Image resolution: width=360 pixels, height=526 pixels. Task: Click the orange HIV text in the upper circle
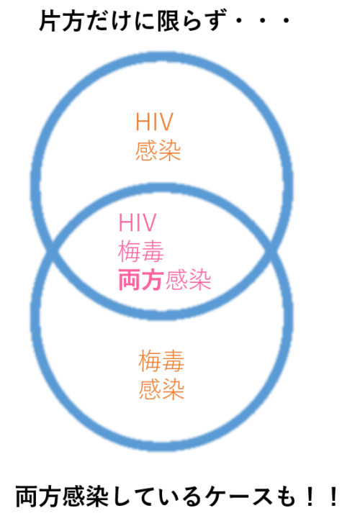[x=154, y=122]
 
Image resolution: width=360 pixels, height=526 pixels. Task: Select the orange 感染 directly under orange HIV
[x=158, y=151]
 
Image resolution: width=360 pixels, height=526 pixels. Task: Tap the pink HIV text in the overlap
[x=138, y=222]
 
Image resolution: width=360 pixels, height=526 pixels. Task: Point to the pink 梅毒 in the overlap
[x=141, y=252]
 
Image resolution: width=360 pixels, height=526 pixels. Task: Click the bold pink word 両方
[x=141, y=281]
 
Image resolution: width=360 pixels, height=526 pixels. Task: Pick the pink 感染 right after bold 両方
[x=188, y=281]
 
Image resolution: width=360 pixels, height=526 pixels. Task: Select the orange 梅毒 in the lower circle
[x=161, y=361]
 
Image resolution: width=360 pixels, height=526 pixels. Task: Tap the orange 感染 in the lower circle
[x=161, y=389]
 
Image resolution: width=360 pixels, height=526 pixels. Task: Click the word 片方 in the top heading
[x=61, y=21]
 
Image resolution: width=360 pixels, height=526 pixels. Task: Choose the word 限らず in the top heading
[x=190, y=21]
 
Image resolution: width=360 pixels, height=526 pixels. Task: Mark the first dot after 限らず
[x=239, y=21]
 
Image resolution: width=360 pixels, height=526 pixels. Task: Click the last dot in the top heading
[x=287, y=21]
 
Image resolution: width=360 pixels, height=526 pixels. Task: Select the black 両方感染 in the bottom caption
[x=62, y=496]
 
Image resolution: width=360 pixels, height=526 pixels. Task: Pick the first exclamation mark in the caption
[x=310, y=496]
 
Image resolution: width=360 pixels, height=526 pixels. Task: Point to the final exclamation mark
[x=333, y=496]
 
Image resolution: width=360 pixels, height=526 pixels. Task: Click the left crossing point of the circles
[x=53, y=250]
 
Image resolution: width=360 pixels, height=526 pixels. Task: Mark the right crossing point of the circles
[x=271, y=250]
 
